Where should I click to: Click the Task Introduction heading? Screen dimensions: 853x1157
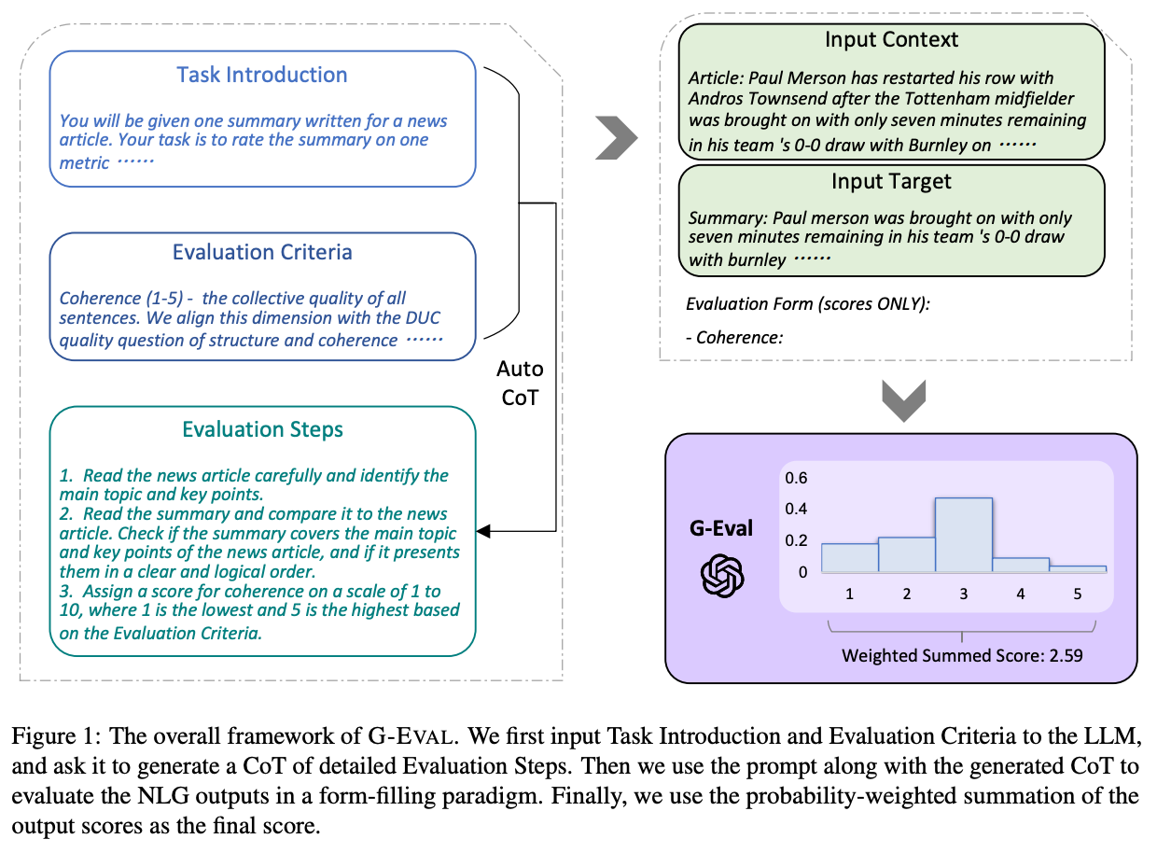click(261, 76)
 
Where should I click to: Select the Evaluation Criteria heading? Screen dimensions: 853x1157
click(261, 253)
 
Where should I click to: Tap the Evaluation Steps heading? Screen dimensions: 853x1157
click(262, 429)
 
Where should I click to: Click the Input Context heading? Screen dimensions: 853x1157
click(891, 40)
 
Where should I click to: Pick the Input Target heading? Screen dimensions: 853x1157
click(891, 180)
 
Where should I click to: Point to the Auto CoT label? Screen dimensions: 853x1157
click(521, 383)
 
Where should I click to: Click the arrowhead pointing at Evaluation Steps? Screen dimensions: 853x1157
click(483, 532)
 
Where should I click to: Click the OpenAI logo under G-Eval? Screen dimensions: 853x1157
click(722, 575)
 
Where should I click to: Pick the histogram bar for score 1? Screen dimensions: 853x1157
click(849, 556)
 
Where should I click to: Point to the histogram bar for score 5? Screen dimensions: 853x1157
click(1077, 567)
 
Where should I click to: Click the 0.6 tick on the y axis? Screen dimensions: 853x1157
click(796, 478)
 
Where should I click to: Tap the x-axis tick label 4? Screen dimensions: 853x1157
click(1020, 594)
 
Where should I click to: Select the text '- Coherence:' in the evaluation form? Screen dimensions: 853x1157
click(733, 338)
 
